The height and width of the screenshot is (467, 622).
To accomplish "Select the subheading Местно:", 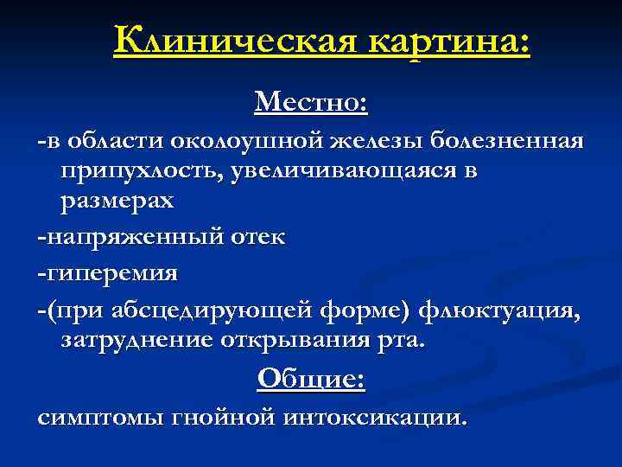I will [311, 104].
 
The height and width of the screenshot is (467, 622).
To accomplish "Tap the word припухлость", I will [141, 171].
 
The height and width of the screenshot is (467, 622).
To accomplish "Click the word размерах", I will [117, 202].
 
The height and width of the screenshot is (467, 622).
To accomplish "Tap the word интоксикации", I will [374, 418].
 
